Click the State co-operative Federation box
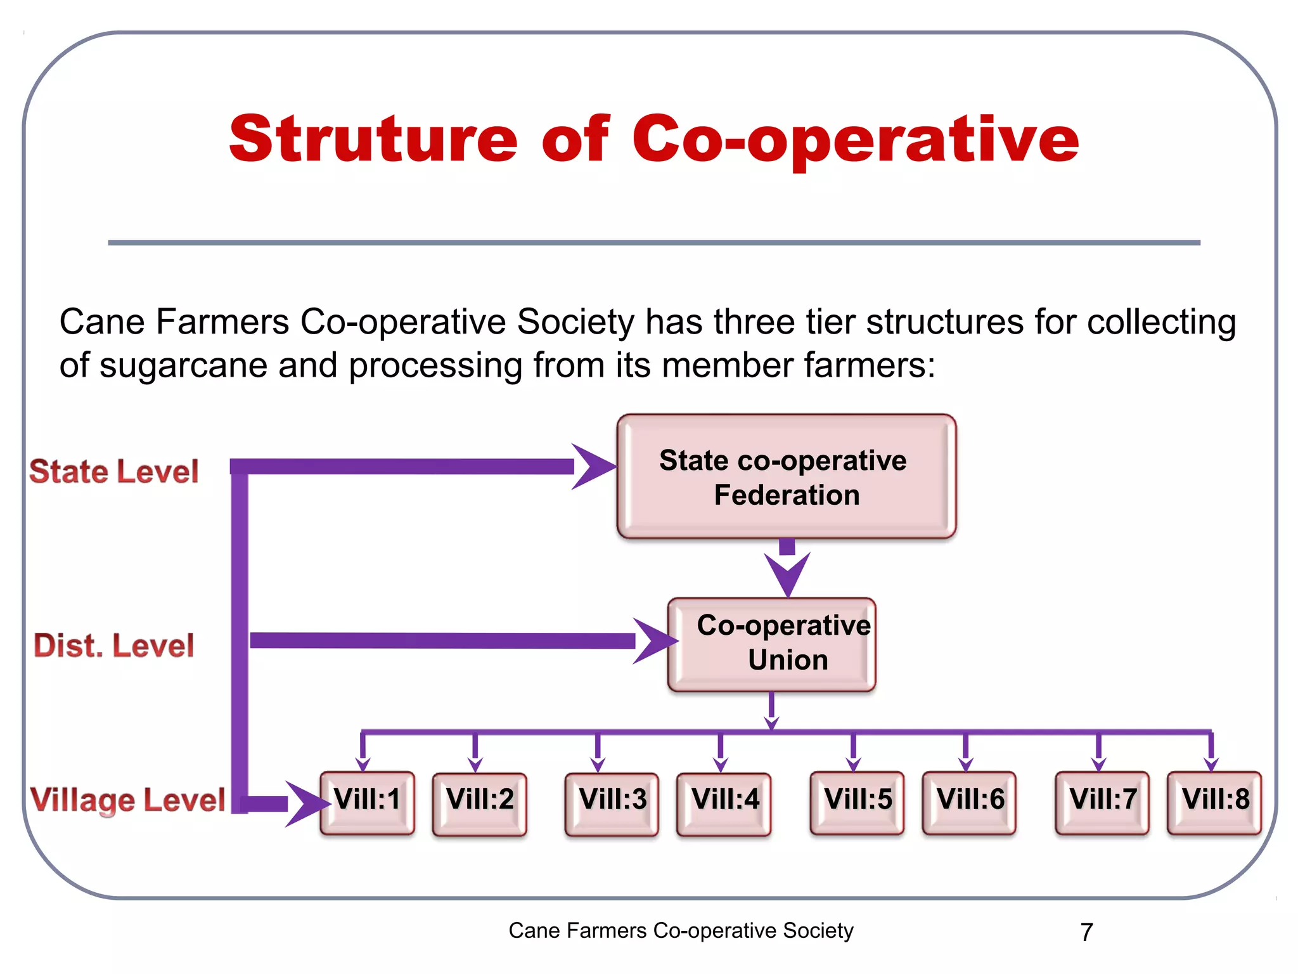(786, 477)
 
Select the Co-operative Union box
(772, 644)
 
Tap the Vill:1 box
(368, 802)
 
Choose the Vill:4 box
(724, 803)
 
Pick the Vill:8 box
(1214, 802)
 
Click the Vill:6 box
(969, 802)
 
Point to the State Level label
(114, 472)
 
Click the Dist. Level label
(114, 646)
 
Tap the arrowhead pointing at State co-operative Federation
(593, 467)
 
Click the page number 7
(1086, 932)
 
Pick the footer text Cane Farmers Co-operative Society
(681, 931)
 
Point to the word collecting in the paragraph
(1161, 322)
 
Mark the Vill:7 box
(1102, 802)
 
